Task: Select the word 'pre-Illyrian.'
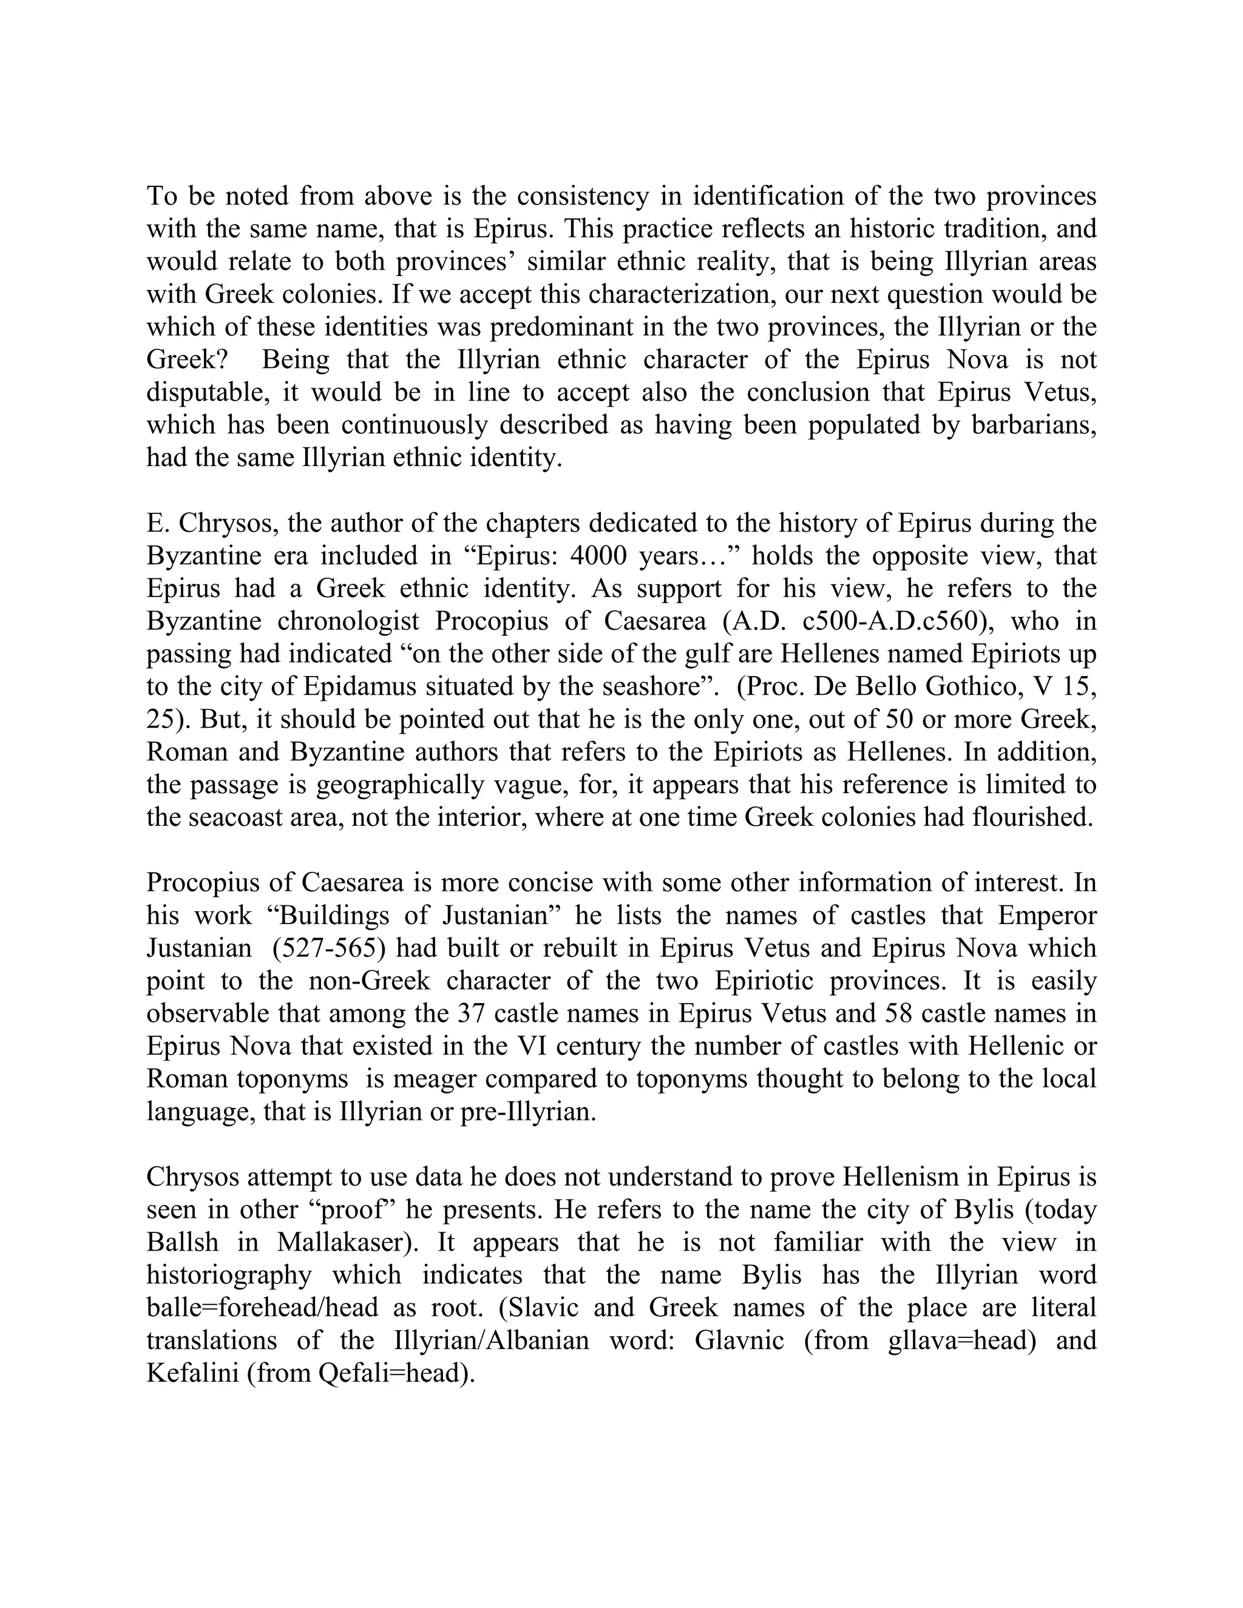pyautogui.click(x=527, y=1111)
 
